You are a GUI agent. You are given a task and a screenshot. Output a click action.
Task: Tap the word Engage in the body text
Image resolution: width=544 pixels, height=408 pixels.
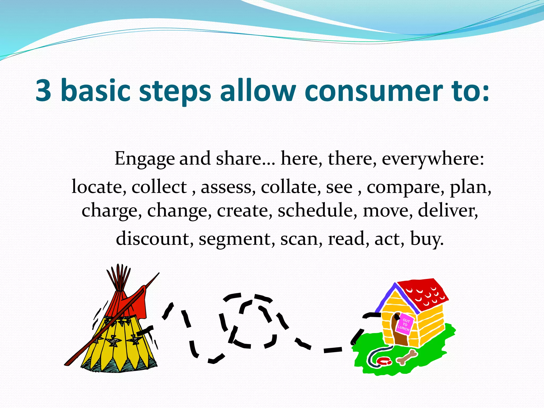coord(144,159)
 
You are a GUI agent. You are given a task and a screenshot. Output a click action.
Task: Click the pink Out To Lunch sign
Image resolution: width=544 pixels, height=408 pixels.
coord(405,324)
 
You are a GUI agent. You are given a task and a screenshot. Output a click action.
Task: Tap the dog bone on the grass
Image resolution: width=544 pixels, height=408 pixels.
coord(407,357)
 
